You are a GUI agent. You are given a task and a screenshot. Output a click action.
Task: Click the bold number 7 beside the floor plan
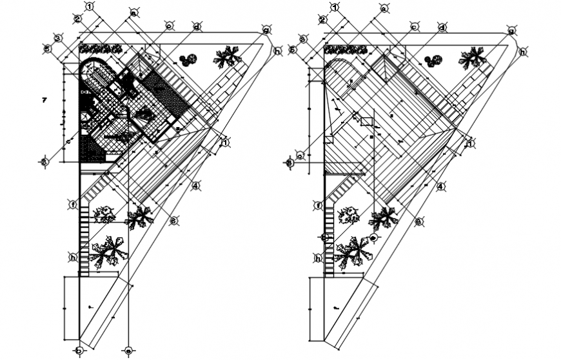pyautogui.click(x=44, y=99)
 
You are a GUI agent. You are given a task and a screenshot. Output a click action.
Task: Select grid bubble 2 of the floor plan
pyautogui.click(x=77, y=19)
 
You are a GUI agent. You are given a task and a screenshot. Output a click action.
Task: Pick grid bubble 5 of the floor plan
pyautogui.click(x=47, y=48)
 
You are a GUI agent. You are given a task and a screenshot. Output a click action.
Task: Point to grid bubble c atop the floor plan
pyautogui.click(x=169, y=26)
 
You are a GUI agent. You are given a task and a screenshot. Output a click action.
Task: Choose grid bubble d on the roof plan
pyautogui.click(x=442, y=27)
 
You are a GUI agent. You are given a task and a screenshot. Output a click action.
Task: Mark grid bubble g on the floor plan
pyautogui.click(x=265, y=30)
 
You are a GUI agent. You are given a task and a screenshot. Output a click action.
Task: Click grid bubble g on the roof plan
pyautogui.click(x=510, y=30)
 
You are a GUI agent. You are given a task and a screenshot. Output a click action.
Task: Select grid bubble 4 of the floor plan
pyautogui.click(x=195, y=186)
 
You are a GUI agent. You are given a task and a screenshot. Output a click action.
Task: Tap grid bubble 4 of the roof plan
pyautogui.click(x=440, y=186)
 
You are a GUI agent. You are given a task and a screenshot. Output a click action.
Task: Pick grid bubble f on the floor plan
pyautogui.click(x=74, y=205)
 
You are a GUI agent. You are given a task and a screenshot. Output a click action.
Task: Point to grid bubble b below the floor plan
pyautogui.click(x=79, y=351)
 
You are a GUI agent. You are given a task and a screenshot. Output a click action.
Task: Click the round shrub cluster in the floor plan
pyautogui.click(x=188, y=61)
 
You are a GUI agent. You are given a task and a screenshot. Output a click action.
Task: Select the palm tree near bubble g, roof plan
pyautogui.click(x=473, y=57)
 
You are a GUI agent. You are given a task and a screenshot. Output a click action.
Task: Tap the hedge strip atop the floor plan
pyautogui.click(x=100, y=48)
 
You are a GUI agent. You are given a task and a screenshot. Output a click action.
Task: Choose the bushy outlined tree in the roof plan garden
pyautogui.click(x=349, y=214)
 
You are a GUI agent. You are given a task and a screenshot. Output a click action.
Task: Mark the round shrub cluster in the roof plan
pyautogui.click(x=433, y=61)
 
